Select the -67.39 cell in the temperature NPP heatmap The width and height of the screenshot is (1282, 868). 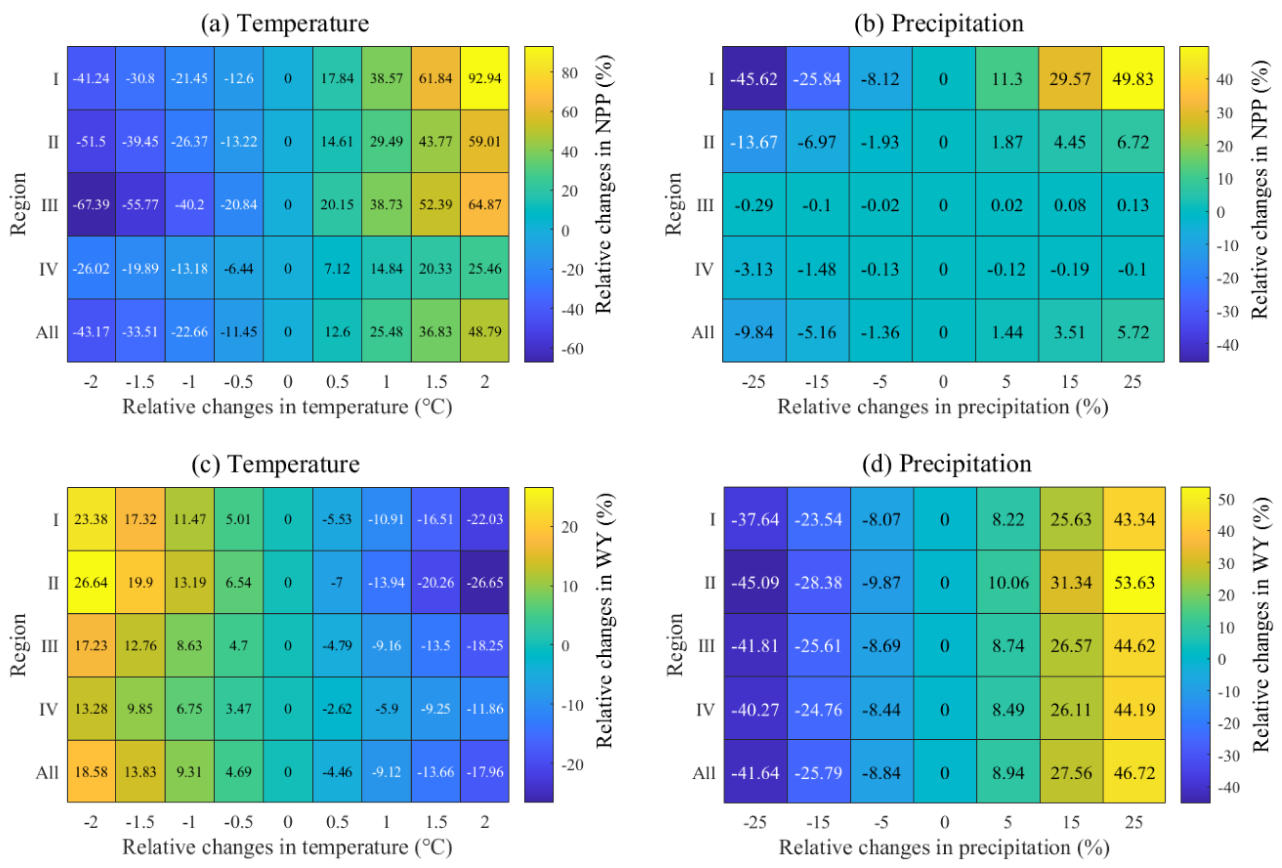click(91, 204)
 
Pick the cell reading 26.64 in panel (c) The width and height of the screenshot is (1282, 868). click(91, 582)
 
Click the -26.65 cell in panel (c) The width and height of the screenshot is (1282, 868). click(484, 582)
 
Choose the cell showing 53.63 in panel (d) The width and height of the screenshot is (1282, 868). click(1134, 582)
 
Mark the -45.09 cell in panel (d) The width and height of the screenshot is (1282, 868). click(756, 582)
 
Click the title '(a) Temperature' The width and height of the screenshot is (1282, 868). click(285, 24)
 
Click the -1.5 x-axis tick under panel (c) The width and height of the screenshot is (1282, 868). click(140, 822)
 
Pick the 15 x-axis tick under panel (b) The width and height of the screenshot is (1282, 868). click(1070, 381)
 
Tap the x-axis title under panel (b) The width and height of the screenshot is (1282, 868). click(943, 407)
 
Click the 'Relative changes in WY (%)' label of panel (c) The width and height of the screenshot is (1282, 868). click(604, 620)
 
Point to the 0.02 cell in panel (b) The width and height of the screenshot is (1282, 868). click(1007, 204)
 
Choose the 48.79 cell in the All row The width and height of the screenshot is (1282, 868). click(484, 331)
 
